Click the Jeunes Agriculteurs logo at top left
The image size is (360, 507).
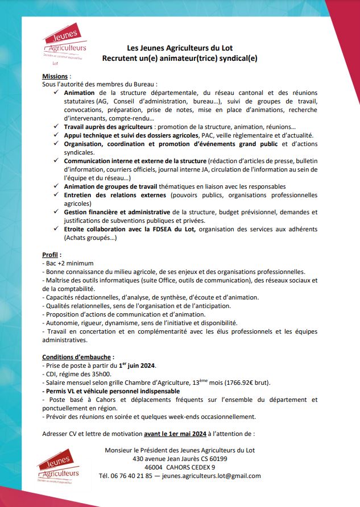(x=64, y=45)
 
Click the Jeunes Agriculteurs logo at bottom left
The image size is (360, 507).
(x=59, y=467)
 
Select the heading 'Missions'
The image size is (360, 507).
(x=56, y=76)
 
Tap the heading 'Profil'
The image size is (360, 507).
(x=52, y=254)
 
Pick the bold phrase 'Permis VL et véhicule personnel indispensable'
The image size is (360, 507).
(x=111, y=391)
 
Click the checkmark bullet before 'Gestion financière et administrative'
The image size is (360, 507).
(x=56, y=212)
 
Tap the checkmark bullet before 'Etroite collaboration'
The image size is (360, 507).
(x=56, y=229)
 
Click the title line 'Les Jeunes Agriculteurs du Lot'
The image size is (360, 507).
(x=179, y=48)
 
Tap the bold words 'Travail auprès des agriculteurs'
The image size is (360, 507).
(x=107, y=127)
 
